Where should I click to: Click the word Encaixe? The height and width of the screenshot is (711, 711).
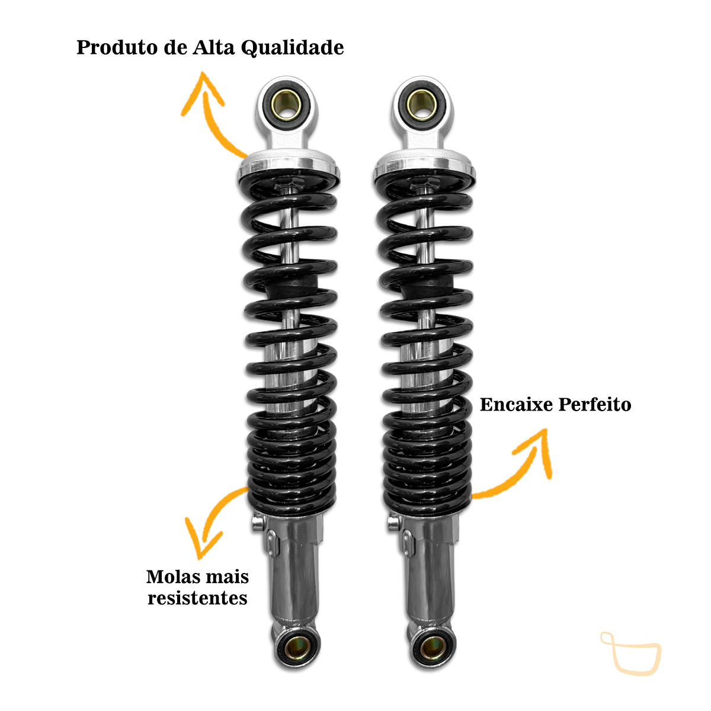coord(517,405)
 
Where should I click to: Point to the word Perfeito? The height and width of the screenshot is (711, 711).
coord(595,405)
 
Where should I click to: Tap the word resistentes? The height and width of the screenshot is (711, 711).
coord(197,598)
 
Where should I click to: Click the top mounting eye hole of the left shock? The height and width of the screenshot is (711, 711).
coord(286,104)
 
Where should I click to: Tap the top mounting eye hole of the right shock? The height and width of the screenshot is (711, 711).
coord(422,104)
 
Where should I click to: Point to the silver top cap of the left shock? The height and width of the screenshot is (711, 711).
coord(289,166)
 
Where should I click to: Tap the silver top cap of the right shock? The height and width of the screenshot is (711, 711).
coord(424,166)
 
